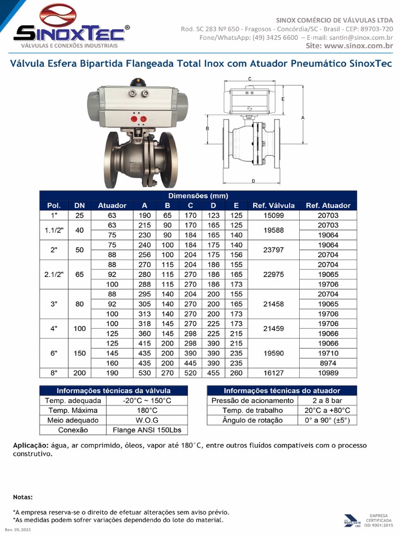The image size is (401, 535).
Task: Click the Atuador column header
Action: (x=112, y=205)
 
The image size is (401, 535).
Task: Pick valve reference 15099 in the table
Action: (x=274, y=215)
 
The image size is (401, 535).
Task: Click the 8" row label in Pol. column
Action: (x=54, y=373)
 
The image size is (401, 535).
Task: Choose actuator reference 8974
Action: (x=328, y=363)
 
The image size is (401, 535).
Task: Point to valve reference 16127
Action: (x=274, y=373)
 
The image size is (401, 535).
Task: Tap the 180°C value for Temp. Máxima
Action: (x=147, y=410)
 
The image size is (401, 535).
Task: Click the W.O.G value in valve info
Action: (x=147, y=420)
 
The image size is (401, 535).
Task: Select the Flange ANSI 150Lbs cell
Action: (x=147, y=430)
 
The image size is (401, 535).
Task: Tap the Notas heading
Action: (x=23, y=497)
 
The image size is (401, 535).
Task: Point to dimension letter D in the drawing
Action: (x=253, y=181)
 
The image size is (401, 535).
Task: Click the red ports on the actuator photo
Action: (x=138, y=119)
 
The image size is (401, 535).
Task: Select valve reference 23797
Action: (x=274, y=250)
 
